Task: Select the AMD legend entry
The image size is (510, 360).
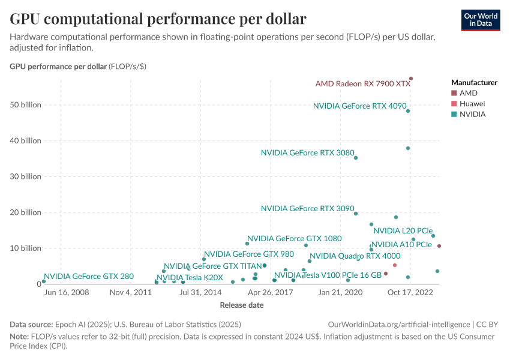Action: pyautogui.click(x=468, y=93)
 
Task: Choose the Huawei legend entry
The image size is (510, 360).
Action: pyautogui.click(x=472, y=103)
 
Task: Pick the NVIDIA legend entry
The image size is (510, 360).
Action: pyautogui.click(x=472, y=113)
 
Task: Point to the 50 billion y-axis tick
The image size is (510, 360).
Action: pyautogui.click(x=25, y=105)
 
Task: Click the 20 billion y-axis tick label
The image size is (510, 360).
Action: pyautogui.click(x=25, y=212)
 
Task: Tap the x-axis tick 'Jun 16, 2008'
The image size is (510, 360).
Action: pyautogui.click(x=67, y=293)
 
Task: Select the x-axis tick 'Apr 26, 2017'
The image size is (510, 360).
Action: pyautogui.click(x=270, y=293)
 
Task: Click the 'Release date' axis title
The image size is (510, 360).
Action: pyautogui.click(x=241, y=305)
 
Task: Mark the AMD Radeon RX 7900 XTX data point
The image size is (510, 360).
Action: pyautogui.click(x=411, y=79)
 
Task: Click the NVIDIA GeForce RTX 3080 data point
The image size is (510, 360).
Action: pyautogui.click(x=356, y=158)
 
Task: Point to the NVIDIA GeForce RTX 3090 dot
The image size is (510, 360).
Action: pyautogui.click(x=356, y=214)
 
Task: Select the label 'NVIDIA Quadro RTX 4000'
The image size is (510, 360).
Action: pyautogui.click(x=355, y=256)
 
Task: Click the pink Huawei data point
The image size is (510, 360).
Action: pyautogui.click(x=394, y=265)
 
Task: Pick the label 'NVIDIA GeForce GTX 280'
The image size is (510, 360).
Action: pyautogui.click(x=89, y=277)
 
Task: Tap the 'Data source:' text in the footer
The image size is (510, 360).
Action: pyautogui.click(x=30, y=324)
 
